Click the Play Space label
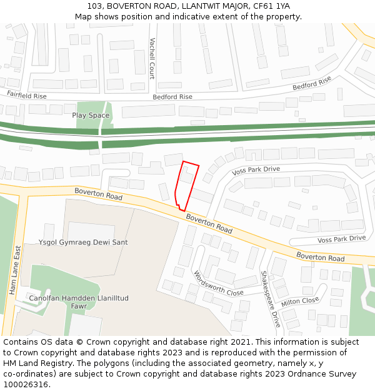pyautogui.click(x=91, y=115)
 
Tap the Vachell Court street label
pyautogui.click(x=152, y=58)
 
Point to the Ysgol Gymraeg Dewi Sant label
pyautogui.click(x=83, y=242)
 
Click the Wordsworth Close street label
pyautogui.click(x=219, y=284)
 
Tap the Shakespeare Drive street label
pyautogui.click(x=271, y=299)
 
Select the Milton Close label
pyautogui.click(x=300, y=301)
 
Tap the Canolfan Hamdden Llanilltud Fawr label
pyautogui.click(x=78, y=303)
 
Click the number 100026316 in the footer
pyautogui.click(x=26, y=384)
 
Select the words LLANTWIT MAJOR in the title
pyautogui.click(x=211, y=6)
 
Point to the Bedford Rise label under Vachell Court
pyautogui.click(x=172, y=97)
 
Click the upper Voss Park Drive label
pyautogui.click(x=256, y=170)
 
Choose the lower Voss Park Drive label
pyautogui.click(x=341, y=238)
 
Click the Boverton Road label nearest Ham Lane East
pyautogui.click(x=98, y=195)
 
